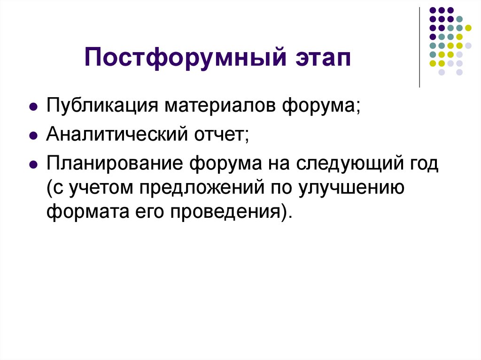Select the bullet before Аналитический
(33, 137)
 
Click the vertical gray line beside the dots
(419, 47)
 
